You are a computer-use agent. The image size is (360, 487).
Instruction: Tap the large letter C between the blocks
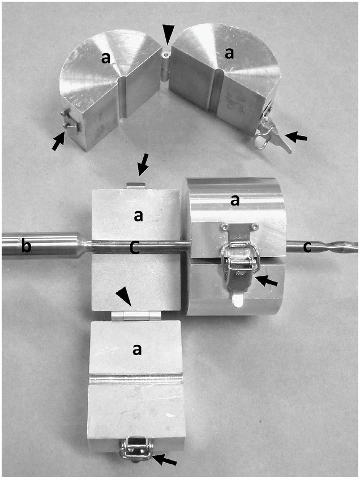(134, 247)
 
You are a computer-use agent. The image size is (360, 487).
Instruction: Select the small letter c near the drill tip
(307, 247)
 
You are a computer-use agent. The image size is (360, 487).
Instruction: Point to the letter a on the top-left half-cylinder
(105, 58)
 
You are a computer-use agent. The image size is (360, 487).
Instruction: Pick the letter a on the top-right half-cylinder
(229, 53)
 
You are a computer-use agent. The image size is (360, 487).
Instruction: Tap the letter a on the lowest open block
(136, 349)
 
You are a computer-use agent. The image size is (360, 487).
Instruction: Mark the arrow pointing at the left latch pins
(59, 141)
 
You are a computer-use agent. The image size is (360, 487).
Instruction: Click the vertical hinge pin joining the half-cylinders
(166, 67)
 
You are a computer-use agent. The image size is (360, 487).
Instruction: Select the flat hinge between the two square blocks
(136, 316)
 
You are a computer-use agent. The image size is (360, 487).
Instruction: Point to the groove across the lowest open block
(136, 379)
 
